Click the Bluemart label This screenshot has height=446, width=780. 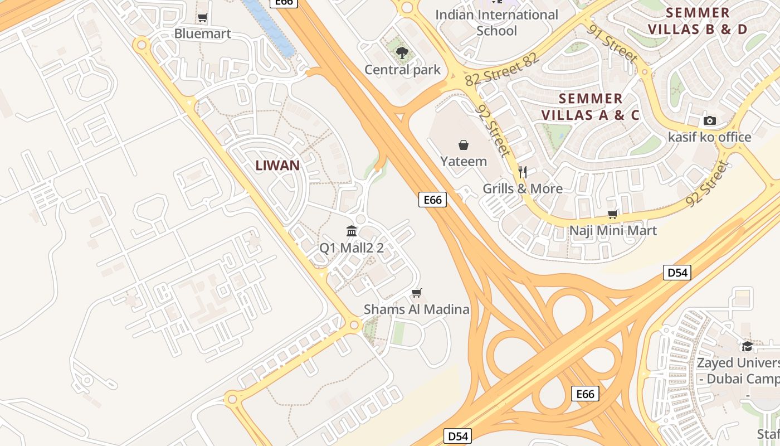(202, 33)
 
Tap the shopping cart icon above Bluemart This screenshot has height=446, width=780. (203, 18)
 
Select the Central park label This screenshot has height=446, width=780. (402, 70)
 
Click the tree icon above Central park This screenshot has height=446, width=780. (402, 54)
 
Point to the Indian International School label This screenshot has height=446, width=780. (496, 22)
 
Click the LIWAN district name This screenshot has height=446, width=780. (277, 165)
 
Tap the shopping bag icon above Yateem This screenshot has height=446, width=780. (464, 146)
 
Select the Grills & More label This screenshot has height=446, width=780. (523, 188)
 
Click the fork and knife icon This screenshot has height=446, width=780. (523, 172)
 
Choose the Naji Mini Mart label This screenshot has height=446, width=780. (613, 230)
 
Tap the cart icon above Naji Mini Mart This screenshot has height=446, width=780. (613, 215)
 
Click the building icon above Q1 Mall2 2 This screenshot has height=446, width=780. (352, 231)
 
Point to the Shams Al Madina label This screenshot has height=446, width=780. (417, 309)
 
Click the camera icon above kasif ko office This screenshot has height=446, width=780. (710, 121)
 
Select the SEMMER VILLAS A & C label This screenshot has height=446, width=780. (591, 107)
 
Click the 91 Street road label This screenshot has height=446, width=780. (612, 43)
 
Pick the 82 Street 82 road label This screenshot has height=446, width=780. (502, 70)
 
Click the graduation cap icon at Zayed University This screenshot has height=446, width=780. (747, 347)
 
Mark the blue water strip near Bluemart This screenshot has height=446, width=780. (270, 28)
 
